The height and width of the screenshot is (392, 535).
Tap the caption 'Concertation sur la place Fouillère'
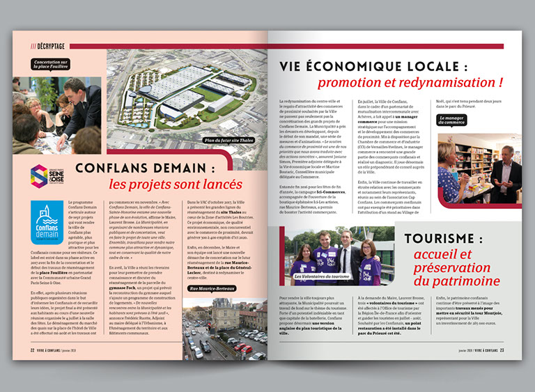tap(50, 65)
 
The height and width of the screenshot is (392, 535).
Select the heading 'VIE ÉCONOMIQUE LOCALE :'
tap(372, 66)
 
